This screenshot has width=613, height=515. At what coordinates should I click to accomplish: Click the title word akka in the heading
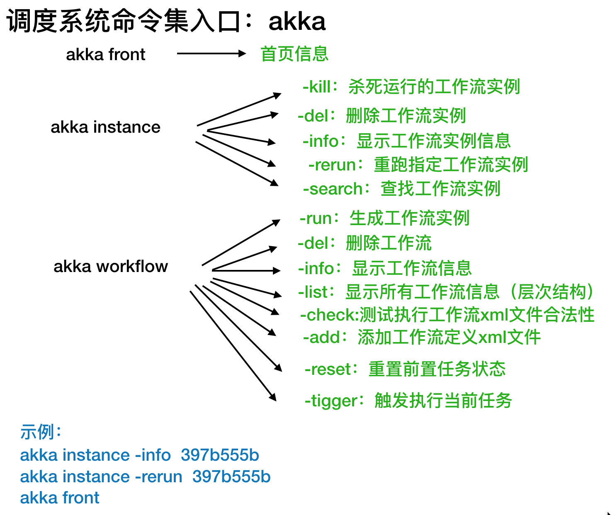(x=297, y=22)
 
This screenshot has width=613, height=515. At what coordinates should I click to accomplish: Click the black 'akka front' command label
(x=106, y=54)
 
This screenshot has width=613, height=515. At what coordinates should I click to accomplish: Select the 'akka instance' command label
(x=105, y=127)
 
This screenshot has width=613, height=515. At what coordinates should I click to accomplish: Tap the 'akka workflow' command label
(x=111, y=266)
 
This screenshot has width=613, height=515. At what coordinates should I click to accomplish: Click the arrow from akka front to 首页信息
(x=212, y=53)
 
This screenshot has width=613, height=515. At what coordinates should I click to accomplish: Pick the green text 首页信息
(x=294, y=54)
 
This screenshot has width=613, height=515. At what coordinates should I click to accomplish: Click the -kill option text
(x=317, y=87)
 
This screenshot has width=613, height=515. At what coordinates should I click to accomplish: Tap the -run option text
(x=319, y=219)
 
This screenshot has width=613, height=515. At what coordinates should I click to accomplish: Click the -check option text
(x=329, y=315)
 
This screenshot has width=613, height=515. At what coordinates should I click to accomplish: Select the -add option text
(x=322, y=338)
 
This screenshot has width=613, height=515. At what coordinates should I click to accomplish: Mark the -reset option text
(x=328, y=369)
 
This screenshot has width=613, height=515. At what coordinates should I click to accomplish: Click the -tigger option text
(x=331, y=401)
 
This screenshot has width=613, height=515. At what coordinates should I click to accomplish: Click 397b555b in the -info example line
(x=220, y=455)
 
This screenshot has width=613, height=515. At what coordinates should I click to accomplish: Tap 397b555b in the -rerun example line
(x=231, y=477)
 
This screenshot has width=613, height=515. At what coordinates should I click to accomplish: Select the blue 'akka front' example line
(x=60, y=498)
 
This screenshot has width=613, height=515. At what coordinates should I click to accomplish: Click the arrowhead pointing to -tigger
(x=273, y=397)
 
